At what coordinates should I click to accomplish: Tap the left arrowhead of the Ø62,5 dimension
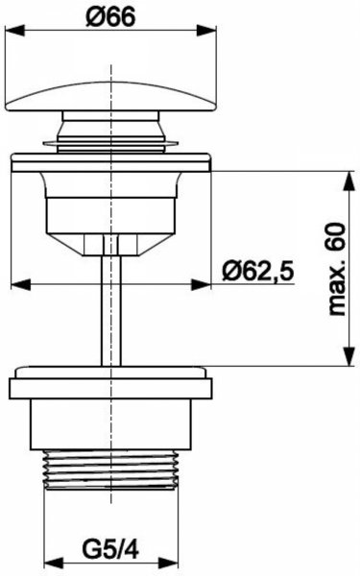tap(18, 285)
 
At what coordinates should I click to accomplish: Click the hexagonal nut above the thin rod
tap(113, 245)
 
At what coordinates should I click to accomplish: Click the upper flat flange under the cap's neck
tap(113, 161)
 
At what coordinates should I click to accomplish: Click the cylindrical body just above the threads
tap(113, 427)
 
